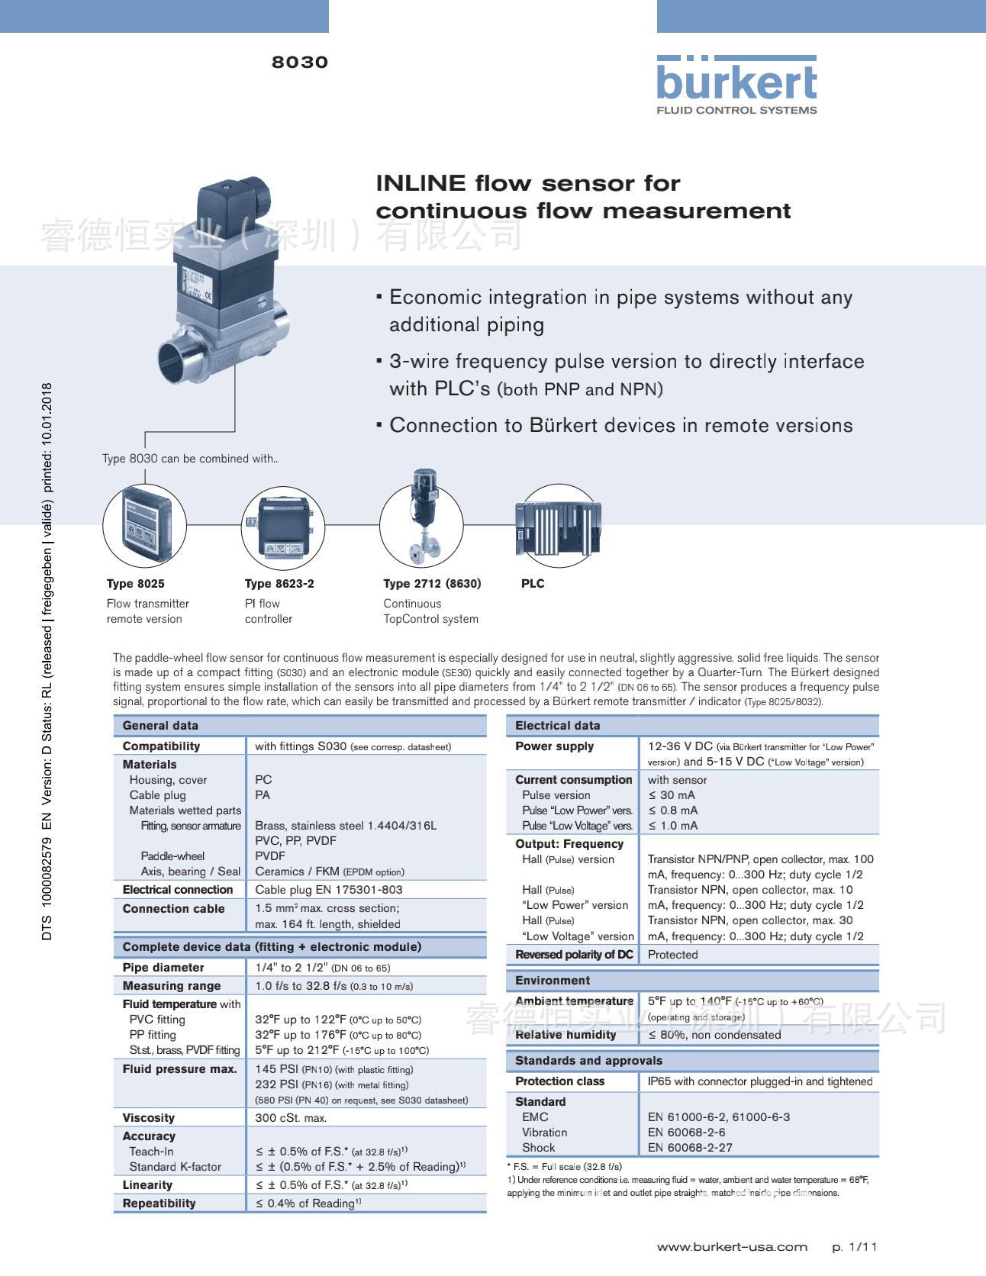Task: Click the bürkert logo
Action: pos(736,84)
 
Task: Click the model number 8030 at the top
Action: pos(299,63)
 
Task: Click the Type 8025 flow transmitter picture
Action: pos(144,525)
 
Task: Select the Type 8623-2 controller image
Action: pos(283,525)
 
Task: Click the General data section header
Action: pos(160,726)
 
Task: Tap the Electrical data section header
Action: pos(557,726)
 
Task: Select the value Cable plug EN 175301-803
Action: pos(328,890)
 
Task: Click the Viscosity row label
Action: pos(148,1118)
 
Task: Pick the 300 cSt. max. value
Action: pos(290,1118)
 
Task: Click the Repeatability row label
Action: pos(159,1203)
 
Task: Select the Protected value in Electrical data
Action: pos(672,955)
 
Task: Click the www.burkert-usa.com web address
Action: pos(731,1247)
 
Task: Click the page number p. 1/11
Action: pos(854,1247)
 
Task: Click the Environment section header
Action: pos(553,981)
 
